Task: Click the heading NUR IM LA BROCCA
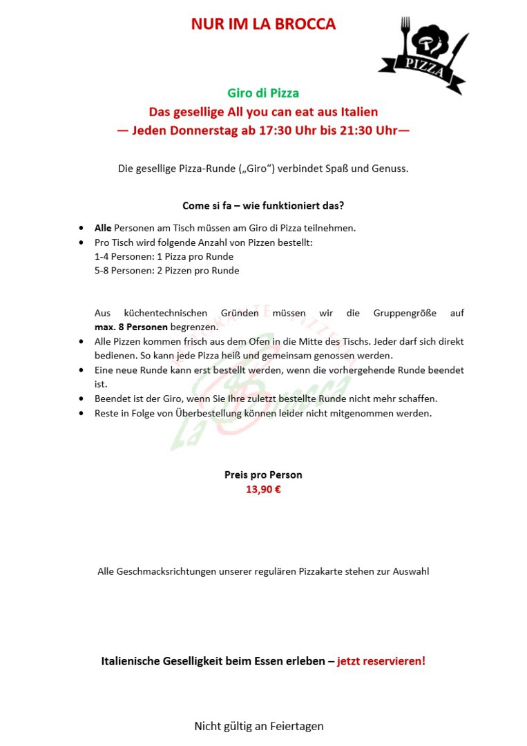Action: pyautogui.click(x=263, y=24)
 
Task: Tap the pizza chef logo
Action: pyautogui.click(x=423, y=54)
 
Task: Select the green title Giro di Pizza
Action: pyautogui.click(x=263, y=93)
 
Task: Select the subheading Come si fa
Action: pyautogui.click(x=207, y=206)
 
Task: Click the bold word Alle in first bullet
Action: pyautogui.click(x=103, y=227)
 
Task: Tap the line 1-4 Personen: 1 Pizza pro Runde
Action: pyautogui.click(x=164, y=256)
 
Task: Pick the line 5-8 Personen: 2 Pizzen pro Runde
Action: pyautogui.click(x=166, y=270)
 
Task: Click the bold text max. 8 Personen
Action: pyautogui.click(x=131, y=327)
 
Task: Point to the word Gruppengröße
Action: pyautogui.click(x=405, y=313)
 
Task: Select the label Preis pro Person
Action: pyautogui.click(x=263, y=475)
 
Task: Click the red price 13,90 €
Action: pyautogui.click(x=263, y=490)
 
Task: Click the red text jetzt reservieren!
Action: pyautogui.click(x=381, y=661)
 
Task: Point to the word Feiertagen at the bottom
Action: pyautogui.click(x=294, y=726)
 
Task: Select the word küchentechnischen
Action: pyautogui.click(x=166, y=313)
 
